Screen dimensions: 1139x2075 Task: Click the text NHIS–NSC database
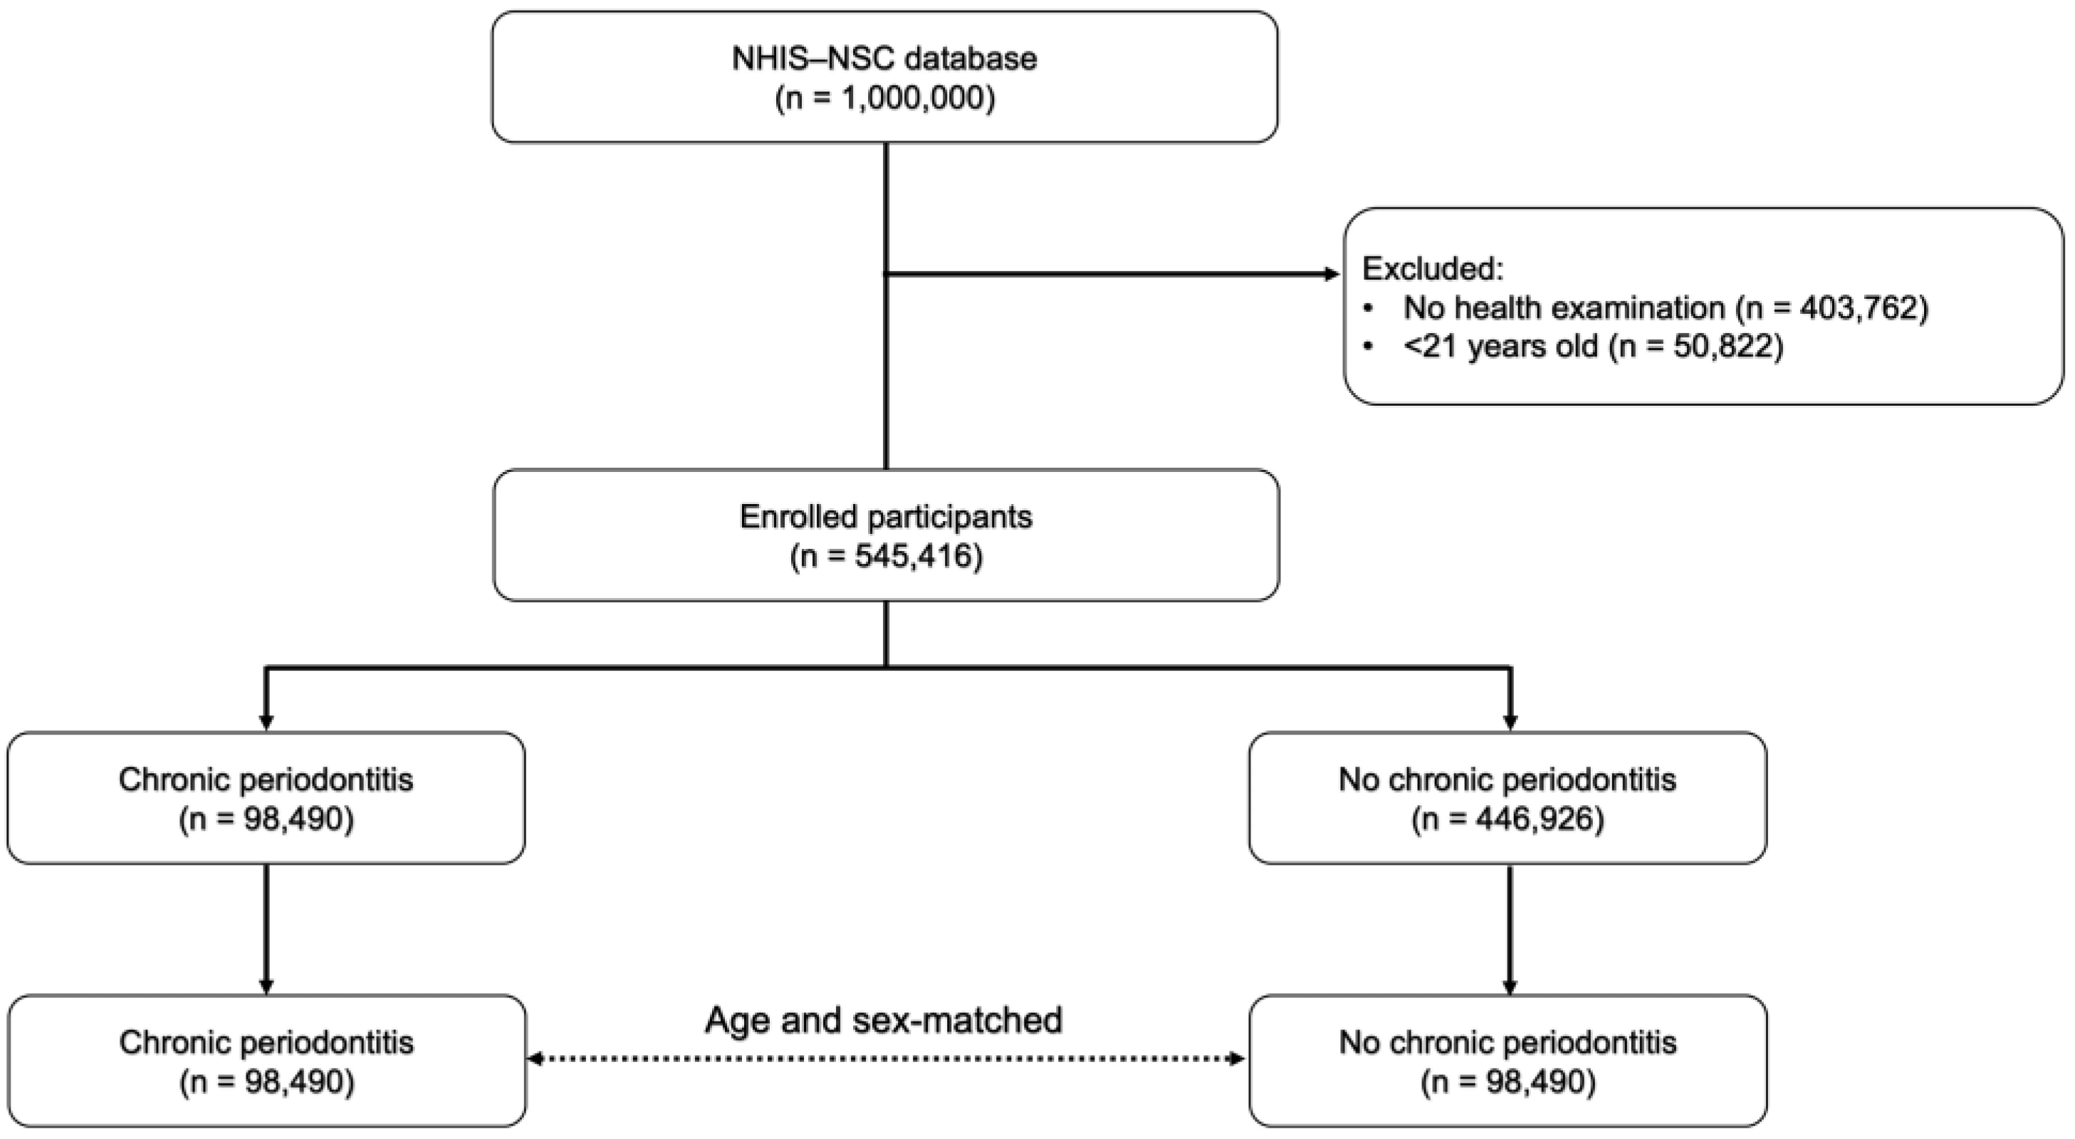click(x=884, y=59)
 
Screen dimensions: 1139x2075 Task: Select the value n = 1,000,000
click(x=884, y=98)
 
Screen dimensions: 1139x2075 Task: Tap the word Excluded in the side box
click(x=1432, y=268)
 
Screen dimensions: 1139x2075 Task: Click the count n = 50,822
click(x=1695, y=347)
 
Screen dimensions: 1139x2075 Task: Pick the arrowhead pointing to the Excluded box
click(x=1331, y=275)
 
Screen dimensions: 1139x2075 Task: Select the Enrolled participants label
click(x=885, y=517)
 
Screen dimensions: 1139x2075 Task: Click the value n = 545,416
click(x=886, y=557)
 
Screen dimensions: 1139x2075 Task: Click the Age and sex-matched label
click(x=884, y=1020)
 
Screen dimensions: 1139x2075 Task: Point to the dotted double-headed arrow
click(x=885, y=1059)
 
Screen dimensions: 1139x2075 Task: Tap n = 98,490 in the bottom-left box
click(x=266, y=1083)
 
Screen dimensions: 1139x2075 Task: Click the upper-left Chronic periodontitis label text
click(x=266, y=780)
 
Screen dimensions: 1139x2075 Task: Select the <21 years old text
click(x=1500, y=347)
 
